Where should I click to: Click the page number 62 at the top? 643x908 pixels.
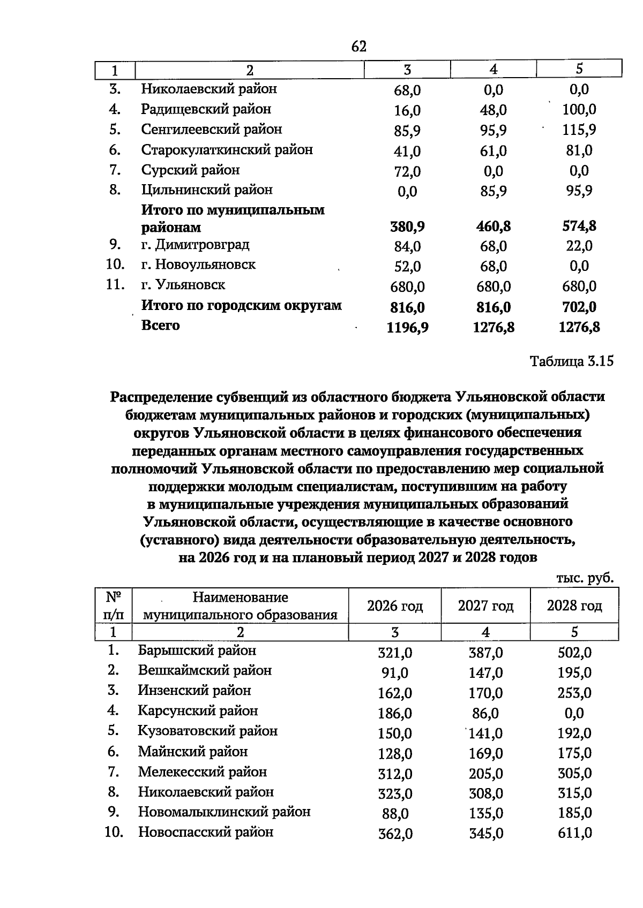click(358, 47)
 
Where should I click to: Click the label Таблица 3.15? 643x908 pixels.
click(571, 361)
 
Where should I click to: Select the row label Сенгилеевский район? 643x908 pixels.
click(211, 130)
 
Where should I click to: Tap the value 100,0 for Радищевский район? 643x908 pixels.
click(579, 110)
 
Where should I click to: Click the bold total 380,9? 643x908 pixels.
click(407, 227)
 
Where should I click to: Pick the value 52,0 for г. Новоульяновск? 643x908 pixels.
click(407, 267)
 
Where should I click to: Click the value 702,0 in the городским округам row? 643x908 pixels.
click(579, 307)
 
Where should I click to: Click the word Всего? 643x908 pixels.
click(160, 326)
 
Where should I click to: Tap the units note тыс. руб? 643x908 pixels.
click(585, 578)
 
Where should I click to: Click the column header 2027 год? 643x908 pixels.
click(485, 606)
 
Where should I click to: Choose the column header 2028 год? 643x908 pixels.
click(574, 606)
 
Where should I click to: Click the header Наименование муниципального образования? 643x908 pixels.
click(240, 606)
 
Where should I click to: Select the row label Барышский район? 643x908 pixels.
click(197, 650)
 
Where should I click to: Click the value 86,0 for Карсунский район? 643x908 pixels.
click(485, 714)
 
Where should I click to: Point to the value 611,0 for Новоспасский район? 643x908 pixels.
click(574, 834)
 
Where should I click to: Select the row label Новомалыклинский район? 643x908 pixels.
click(224, 812)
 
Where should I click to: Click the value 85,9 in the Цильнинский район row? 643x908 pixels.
click(494, 191)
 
